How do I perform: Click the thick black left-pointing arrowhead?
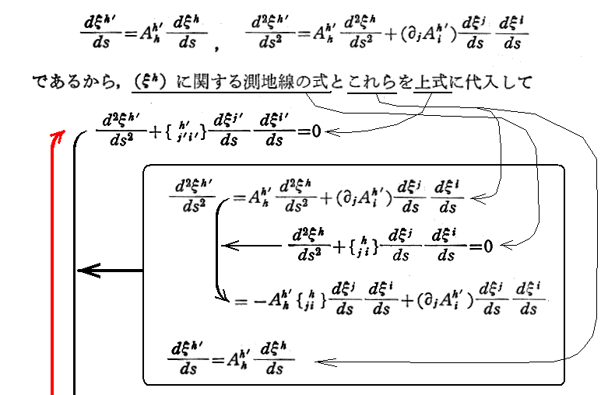coord(83,271)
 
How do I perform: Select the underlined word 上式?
coord(433,81)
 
